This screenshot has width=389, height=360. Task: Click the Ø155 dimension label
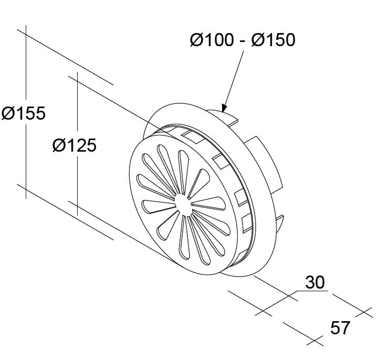[24, 113]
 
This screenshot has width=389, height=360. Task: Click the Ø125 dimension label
[75, 145]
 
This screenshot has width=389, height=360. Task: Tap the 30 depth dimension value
[314, 282]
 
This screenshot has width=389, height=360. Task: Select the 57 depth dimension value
[340, 327]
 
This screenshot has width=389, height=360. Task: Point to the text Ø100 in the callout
[212, 40]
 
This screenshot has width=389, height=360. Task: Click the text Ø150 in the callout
[273, 40]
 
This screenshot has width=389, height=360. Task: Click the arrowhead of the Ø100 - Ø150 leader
[224, 108]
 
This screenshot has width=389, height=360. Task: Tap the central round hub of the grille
[183, 205]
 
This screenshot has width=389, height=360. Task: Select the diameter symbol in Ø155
[9, 113]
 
